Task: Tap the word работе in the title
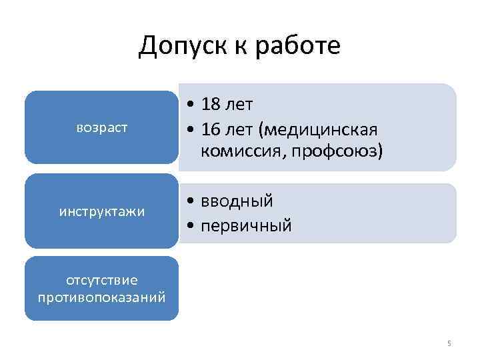300,46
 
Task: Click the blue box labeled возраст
102,127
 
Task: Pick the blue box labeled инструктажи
102,211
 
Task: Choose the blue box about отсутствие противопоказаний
102,288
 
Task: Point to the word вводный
239,200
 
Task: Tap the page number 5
449,343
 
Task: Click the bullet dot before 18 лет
191,105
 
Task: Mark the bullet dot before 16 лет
191,128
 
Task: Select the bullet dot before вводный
191,201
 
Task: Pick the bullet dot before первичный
191,225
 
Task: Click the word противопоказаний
102,296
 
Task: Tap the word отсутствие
102,281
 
